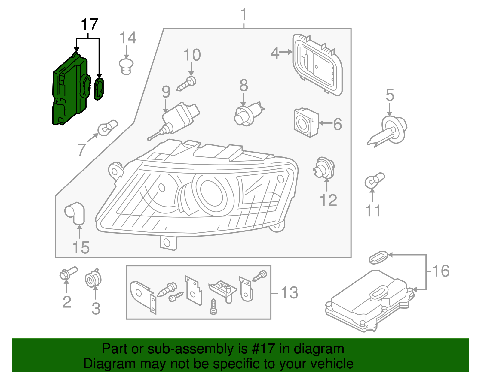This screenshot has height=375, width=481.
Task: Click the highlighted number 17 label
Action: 90,25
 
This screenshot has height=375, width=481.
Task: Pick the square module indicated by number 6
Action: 305,123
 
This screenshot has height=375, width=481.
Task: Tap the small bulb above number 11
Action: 374,180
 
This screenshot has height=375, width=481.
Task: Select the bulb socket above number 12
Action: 324,168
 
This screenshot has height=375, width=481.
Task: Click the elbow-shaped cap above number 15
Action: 75,213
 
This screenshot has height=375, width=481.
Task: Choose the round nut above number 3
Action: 93,279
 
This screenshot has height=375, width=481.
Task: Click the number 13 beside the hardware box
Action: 289,293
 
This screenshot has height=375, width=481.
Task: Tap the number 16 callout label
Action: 441,271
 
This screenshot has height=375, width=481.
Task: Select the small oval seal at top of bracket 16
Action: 378,257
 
